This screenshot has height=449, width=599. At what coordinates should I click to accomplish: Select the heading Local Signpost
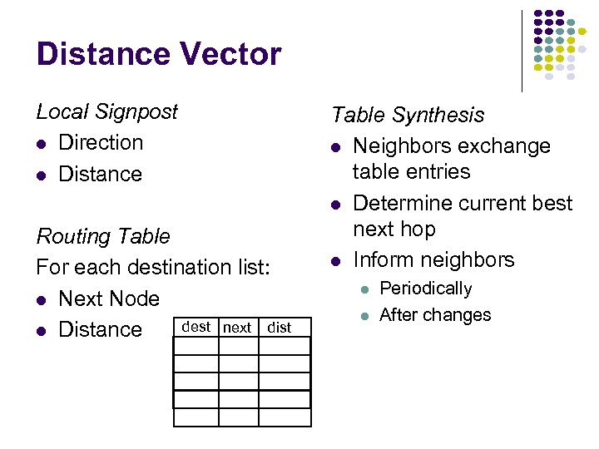tap(106, 111)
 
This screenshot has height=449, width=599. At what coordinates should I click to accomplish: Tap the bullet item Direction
tap(101, 142)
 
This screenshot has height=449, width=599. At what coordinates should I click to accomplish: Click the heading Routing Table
tap(103, 236)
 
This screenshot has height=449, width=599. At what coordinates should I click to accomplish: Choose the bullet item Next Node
tap(109, 299)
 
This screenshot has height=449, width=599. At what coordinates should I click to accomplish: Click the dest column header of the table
tap(196, 327)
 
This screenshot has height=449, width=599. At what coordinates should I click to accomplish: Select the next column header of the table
tap(237, 328)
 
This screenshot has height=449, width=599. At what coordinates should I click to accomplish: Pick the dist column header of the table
tap(280, 328)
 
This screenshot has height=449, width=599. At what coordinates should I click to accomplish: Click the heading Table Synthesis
tap(407, 115)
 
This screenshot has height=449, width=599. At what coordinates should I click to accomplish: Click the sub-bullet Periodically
tap(425, 289)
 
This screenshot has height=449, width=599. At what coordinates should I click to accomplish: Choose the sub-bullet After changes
tap(435, 315)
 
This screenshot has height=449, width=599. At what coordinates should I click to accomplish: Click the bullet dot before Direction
tap(41, 144)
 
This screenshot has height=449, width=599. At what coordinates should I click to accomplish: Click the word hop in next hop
tap(418, 229)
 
